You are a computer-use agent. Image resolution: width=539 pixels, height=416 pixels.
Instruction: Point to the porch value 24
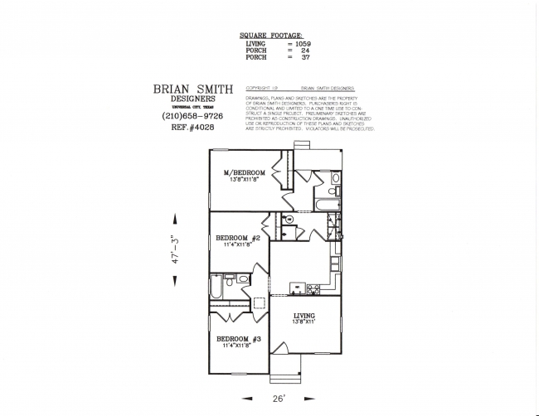click(305, 51)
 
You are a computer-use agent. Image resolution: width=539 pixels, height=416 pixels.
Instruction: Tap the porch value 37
click(305, 57)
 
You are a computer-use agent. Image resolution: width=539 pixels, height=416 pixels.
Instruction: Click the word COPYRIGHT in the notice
click(260, 86)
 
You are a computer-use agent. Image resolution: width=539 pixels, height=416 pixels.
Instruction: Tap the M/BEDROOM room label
click(245, 172)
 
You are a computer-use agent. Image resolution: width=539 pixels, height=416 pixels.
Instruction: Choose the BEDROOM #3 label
click(239, 338)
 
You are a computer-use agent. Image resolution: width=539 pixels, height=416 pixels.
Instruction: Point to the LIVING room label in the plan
click(306, 315)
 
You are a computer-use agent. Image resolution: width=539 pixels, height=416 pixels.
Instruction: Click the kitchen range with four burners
click(313, 288)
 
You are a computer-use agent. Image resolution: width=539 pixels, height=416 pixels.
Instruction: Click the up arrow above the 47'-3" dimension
click(174, 218)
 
